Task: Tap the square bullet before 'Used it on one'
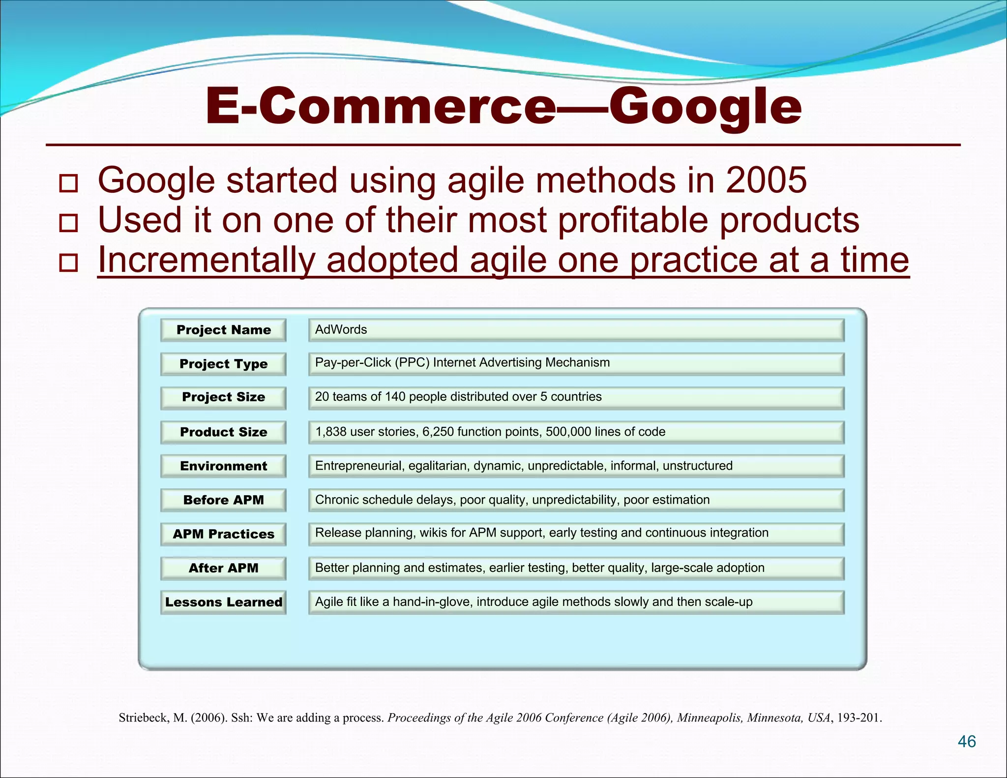tap(68, 223)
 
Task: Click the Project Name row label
tap(223, 330)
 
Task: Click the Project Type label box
tap(223, 364)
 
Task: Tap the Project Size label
tap(223, 397)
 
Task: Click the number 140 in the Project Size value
tap(395, 397)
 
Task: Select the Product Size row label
tap(223, 432)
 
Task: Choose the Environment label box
tap(223, 466)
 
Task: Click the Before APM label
tap(223, 500)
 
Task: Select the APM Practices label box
tap(223, 534)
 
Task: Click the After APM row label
tap(223, 568)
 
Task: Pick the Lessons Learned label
tap(223, 602)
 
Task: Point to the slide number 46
tap(967, 742)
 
